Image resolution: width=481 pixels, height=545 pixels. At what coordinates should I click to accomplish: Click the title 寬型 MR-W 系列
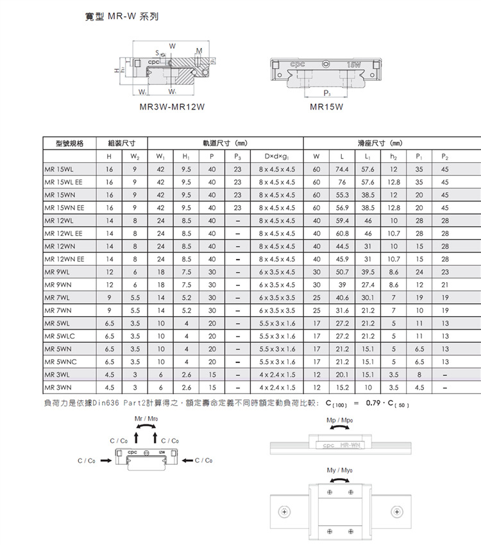[x=121, y=15]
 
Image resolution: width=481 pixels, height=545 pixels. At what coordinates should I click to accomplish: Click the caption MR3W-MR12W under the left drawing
[x=172, y=107]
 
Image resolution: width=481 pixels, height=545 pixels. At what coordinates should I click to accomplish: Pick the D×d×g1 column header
[x=276, y=156]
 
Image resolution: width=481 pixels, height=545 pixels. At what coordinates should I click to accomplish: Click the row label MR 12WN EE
[x=63, y=259]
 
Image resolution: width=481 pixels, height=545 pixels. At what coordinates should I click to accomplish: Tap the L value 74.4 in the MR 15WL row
[x=341, y=169]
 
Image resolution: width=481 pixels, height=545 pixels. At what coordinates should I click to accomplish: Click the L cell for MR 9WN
[x=341, y=285]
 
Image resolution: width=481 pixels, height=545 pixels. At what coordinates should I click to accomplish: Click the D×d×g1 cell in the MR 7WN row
[x=276, y=311]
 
